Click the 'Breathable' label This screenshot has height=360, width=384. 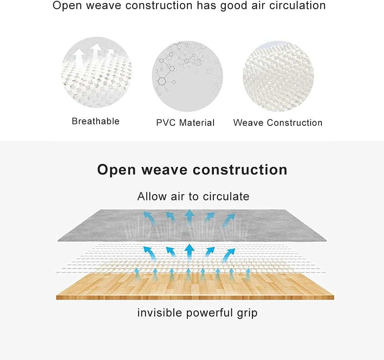click(x=96, y=121)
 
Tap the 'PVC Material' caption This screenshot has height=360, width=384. click(x=185, y=122)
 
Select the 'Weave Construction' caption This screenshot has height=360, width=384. click(x=278, y=122)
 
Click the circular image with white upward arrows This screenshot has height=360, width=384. click(x=96, y=73)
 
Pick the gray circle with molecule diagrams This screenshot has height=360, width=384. click(x=187, y=76)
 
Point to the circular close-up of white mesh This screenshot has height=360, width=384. click(x=278, y=76)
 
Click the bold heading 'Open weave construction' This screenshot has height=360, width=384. click(x=192, y=170)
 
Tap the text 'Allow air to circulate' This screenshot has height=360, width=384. click(x=193, y=196)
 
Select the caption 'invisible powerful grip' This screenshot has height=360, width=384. click(x=197, y=313)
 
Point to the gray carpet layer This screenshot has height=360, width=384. click(x=192, y=225)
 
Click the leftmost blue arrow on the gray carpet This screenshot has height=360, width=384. click(x=149, y=218)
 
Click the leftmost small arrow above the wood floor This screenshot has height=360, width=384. click(x=137, y=274)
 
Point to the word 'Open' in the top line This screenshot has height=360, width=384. click(x=67, y=6)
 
